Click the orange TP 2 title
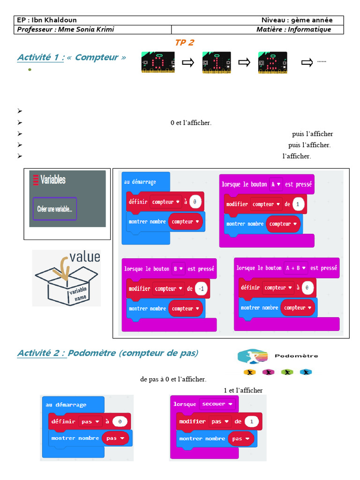[x=185, y=43]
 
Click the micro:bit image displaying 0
[x=158, y=62]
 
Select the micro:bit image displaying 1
[x=217, y=62]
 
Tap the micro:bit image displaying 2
[x=273, y=62]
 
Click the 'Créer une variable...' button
[x=55, y=209]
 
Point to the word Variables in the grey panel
[x=53, y=180]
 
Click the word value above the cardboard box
[x=85, y=256]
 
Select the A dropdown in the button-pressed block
[x=276, y=184]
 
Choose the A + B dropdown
[x=296, y=268]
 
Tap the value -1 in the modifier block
[x=201, y=289]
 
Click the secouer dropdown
[x=217, y=404]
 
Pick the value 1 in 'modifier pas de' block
[x=252, y=421]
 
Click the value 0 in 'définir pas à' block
[x=120, y=421]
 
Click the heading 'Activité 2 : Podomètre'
[x=108, y=353]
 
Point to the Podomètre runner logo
[x=253, y=356]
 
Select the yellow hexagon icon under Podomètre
[x=250, y=372]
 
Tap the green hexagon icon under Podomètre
[x=287, y=372]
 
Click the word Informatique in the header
[x=309, y=30]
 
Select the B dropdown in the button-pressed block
[x=178, y=269]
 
